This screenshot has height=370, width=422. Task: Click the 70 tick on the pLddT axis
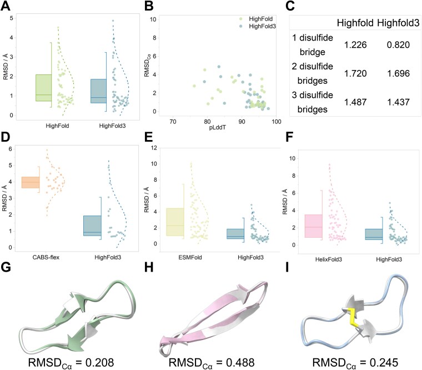coord(172,122)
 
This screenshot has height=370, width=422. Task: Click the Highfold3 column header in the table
coord(398,23)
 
